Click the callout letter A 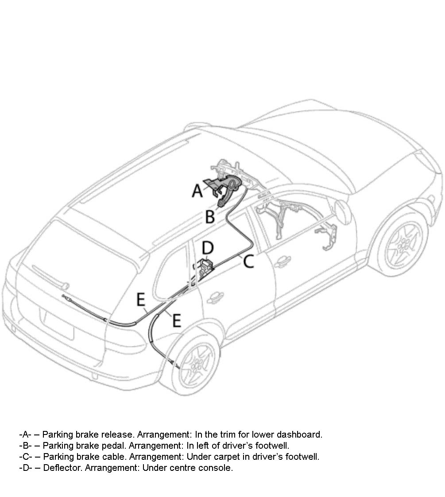(197, 191)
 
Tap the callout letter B (210, 217)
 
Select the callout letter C (248, 262)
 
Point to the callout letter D (208, 247)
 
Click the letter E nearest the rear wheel (176, 320)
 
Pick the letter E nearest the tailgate (141, 300)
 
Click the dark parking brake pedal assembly (227, 188)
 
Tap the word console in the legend (218, 468)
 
